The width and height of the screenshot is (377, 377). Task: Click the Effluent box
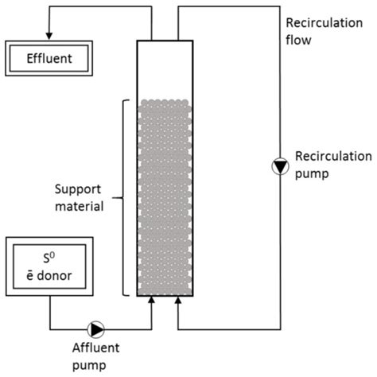pyautogui.click(x=50, y=58)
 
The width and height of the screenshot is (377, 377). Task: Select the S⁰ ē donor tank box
pyautogui.click(x=50, y=266)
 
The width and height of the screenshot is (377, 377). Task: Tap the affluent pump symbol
pyautogui.click(x=96, y=327)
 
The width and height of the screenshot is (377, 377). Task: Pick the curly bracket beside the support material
pyautogui.click(x=121, y=196)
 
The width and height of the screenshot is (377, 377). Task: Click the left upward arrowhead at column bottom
pyautogui.click(x=151, y=300)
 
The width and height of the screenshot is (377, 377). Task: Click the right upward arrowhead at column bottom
pyautogui.click(x=177, y=300)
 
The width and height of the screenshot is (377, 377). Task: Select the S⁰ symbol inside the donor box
pyautogui.click(x=50, y=257)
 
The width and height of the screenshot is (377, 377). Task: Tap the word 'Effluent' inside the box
pyautogui.click(x=50, y=58)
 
